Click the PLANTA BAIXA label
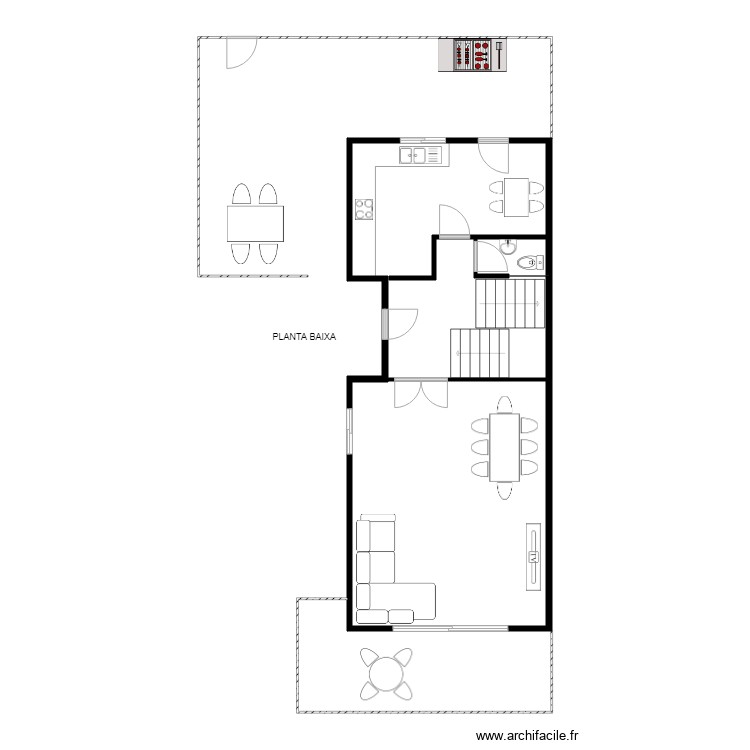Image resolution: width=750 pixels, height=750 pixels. pos(305,337)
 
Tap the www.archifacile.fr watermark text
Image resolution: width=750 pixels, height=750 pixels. pos(527,736)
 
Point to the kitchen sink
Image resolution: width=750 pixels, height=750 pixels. pos(420,154)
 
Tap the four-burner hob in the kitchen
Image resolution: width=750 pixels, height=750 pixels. pos(364,209)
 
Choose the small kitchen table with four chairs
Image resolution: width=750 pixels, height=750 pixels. pos(517,196)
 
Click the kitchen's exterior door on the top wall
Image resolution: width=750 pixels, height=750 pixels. pos(493,155)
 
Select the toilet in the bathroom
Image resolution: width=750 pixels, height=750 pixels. pos(530,263)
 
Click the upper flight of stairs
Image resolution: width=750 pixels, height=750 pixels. pos(509,302)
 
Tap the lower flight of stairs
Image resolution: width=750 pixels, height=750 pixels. pos(481,353)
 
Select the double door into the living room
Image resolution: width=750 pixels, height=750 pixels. pos(420,393)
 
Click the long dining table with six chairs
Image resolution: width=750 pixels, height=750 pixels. pos(503,445)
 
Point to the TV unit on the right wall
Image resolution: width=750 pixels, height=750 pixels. pos(534,556)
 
